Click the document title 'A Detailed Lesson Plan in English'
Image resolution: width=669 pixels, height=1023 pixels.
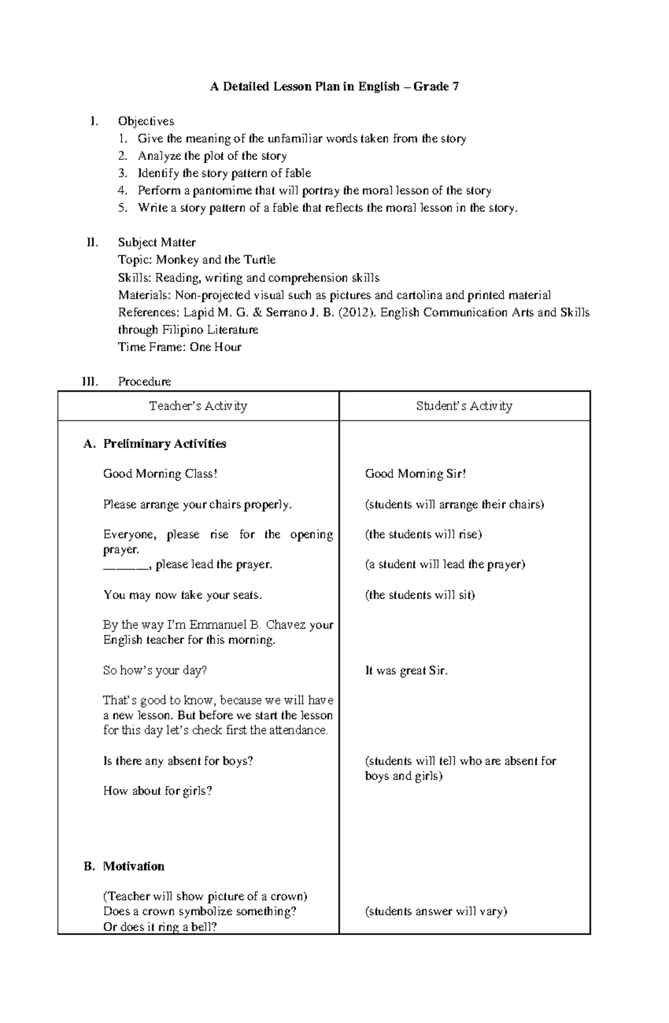(304, 86)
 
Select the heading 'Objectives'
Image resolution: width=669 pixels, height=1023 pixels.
(146, 121)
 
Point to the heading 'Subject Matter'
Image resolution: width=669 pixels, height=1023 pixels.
(157, 243)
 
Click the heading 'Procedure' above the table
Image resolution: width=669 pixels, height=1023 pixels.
(144, 381)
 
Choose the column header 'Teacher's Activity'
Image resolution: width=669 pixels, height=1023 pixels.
(198, 406)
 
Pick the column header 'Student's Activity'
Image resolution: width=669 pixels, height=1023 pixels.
(464, 406)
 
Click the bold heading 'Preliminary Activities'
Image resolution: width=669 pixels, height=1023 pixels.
(164, 444)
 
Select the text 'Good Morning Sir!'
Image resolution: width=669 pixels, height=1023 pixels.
(415, 474)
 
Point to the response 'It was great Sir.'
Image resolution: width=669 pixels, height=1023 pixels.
(406, 671)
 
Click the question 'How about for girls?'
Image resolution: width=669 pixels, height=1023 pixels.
(157, 791)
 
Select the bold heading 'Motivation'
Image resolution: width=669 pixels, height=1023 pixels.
(134, 866)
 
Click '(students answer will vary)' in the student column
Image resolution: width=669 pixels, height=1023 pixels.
(436, 912)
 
